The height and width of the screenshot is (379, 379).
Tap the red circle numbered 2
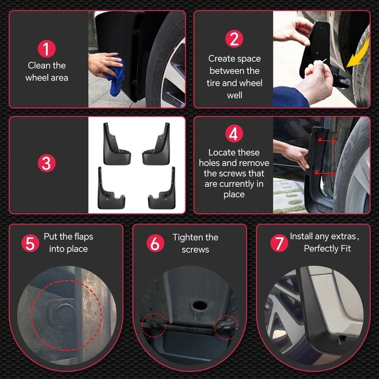click(x=234, y=39)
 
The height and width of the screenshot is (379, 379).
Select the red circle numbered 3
click(x=46, y=164)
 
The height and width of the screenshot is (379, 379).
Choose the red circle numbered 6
click(x=154, y=244)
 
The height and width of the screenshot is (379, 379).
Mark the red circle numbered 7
click(x=279, y=244)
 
